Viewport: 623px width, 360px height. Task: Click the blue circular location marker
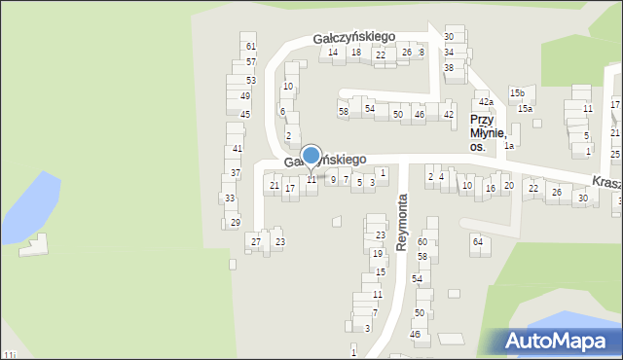click(311, 156)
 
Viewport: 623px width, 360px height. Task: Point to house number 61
click(250, 47)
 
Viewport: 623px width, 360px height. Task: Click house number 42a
click(486, 102)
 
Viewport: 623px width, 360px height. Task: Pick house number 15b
click(517, 92)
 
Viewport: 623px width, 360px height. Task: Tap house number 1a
click(508, 145)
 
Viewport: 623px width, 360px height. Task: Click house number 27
click(256, 241)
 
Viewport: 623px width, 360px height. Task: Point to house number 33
click(229, 198)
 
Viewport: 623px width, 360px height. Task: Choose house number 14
click(333, 53)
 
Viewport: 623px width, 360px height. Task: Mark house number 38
click(449, 67)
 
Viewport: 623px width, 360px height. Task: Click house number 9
click(333, 179)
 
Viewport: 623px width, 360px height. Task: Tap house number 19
click(377, 253)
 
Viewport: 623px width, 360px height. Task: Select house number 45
click(245, 114)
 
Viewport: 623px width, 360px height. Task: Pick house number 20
click(508, 185)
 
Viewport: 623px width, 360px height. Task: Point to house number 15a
click(525, 109)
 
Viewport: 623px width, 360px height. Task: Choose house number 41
click(238, 149)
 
